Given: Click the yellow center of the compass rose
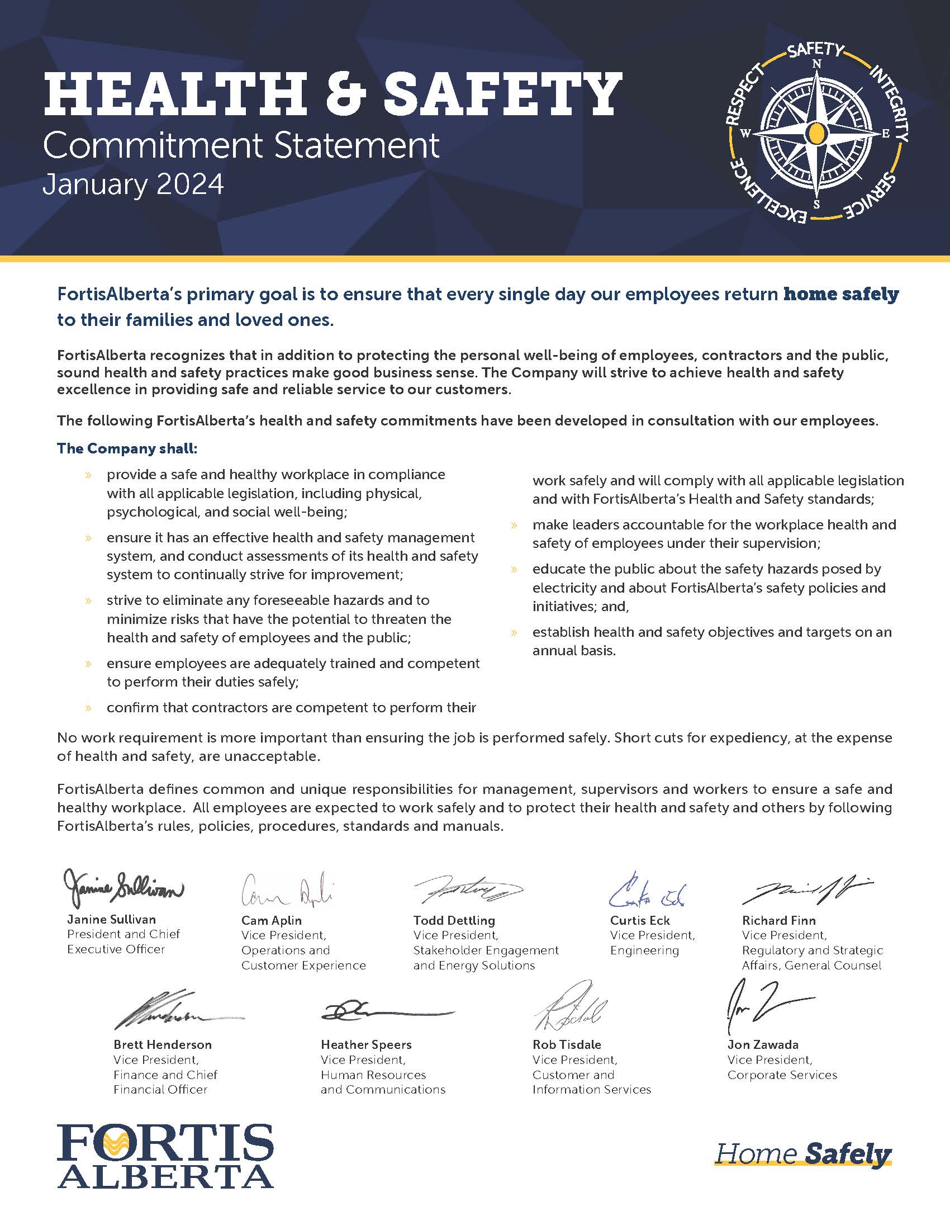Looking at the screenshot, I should pos(816,134).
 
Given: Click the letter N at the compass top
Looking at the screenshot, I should pos(816,64).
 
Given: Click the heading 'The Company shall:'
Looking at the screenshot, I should pos(127,449).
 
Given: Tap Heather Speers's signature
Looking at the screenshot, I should pos(386,1012).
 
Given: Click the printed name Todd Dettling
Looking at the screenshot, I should pos(454,920).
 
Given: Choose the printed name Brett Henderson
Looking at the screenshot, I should pos(163,1044).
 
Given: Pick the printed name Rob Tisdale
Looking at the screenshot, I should pos(567,1044).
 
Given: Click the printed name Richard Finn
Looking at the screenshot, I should pos(778,920).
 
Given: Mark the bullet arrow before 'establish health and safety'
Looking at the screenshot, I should pos(514,632).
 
